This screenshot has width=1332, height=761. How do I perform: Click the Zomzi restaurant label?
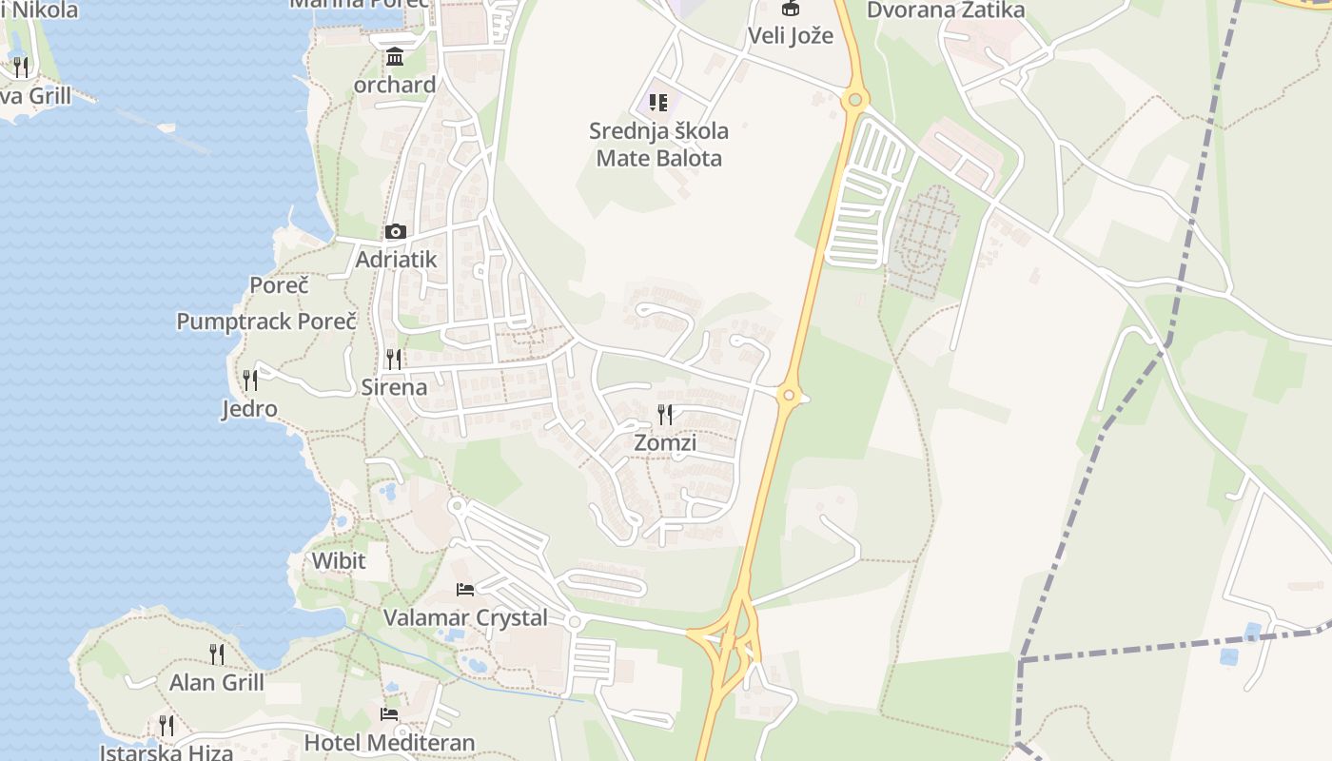(665, 442)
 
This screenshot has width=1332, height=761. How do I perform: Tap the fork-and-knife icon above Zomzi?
(665, 414)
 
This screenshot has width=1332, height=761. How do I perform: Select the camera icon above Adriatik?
(396, 231)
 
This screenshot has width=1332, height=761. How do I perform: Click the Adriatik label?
(396, 259)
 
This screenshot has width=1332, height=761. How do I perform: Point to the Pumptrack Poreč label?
(266, 321)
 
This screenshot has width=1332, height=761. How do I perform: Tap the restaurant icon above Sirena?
(394, 359)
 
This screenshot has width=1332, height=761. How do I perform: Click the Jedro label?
(249, 409)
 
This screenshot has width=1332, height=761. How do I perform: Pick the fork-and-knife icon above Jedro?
(250, 380)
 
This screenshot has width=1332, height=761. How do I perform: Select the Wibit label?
(339, 560)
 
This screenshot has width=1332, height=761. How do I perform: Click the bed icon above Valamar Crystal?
(465, 590)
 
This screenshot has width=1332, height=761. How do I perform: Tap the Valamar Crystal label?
(465, 617)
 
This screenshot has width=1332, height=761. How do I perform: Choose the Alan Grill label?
(217, 682)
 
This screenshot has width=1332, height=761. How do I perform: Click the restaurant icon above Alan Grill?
(217, 654)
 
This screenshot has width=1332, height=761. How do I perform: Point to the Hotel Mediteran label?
(389, 742)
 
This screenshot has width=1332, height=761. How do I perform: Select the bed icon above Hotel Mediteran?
(389, 714)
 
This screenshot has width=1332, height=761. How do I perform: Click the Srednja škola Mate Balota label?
(659, 145)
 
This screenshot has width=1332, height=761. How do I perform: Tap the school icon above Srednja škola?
(658, 102)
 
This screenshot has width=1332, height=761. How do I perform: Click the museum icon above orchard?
(395, 57)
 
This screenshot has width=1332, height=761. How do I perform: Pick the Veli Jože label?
(790, 36)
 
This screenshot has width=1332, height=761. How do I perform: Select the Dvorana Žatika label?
(946, 10)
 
